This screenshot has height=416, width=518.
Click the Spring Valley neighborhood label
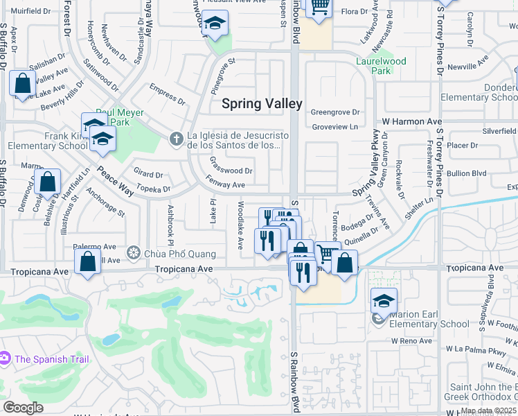click(x=262, y=104)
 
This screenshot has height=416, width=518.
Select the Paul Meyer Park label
click(x=120, y=113)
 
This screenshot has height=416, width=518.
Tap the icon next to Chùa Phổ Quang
click(x=133, y=252)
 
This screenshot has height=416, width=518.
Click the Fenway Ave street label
click(x=225, y=185)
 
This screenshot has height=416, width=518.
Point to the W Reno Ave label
click(x=411, y=341)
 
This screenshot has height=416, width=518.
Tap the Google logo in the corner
click(x=23, y=408)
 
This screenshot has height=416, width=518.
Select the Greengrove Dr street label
click(x=336, y=112)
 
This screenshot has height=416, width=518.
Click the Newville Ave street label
click(x=468, y=67)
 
